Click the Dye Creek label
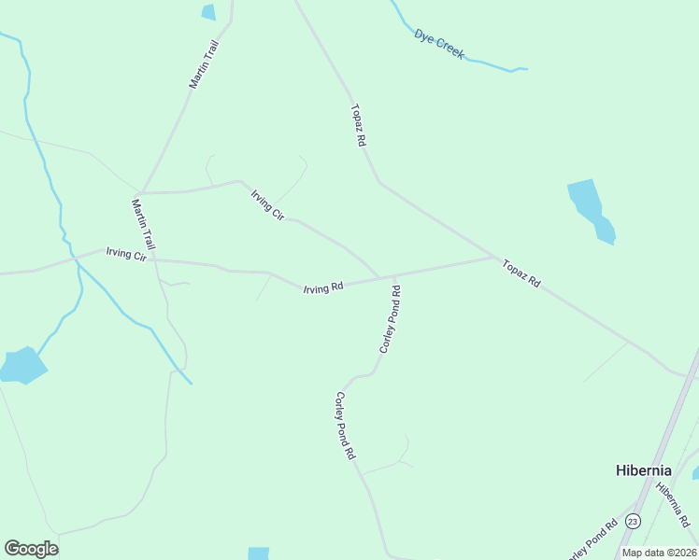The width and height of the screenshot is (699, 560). (439, 45)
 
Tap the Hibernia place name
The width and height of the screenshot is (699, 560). (644, 470)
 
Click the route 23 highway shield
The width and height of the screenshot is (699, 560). (634, 521)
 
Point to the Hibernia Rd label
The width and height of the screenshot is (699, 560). (672, 503)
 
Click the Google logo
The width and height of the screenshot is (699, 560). (31, 549)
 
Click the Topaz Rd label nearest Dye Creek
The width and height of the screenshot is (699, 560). (358, 124)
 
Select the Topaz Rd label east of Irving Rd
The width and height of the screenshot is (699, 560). (521, 273)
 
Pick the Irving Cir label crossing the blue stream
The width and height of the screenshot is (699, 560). (127, 254)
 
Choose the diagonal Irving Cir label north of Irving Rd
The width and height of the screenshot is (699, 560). (267, 204)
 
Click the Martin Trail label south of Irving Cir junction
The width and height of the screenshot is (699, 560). (143, 223)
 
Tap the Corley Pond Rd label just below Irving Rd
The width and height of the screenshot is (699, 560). (391, 319)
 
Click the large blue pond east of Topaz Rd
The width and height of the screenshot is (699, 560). (591, 211)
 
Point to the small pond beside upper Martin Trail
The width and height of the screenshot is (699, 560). (208, 12)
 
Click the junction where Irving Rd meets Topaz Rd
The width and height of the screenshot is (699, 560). (494, 257)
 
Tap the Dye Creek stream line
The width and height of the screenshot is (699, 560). (486, 63)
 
